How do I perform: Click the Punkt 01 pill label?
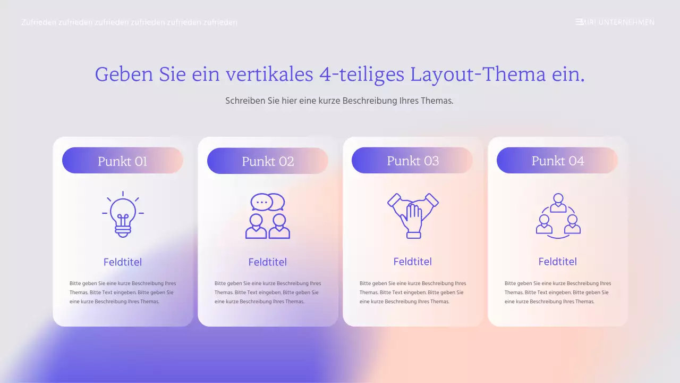[123, 161]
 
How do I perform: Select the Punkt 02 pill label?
[268, 161]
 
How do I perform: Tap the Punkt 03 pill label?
[413, 161]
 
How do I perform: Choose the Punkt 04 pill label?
[558, 161]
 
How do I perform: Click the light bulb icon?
[123, 214]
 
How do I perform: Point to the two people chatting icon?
[268, 215]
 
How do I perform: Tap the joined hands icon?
[413, 215]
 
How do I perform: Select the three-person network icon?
[558, 215]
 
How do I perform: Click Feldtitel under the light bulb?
[123, 262]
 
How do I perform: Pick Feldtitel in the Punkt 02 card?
[268, 262]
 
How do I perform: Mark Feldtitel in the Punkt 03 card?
[413, 261]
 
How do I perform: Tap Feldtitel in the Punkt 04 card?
[558, 261]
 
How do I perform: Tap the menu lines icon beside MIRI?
[579, 22]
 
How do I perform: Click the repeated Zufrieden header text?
[129, 22]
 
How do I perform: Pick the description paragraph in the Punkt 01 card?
[123, 292]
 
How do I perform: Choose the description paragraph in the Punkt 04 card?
[558, 292]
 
